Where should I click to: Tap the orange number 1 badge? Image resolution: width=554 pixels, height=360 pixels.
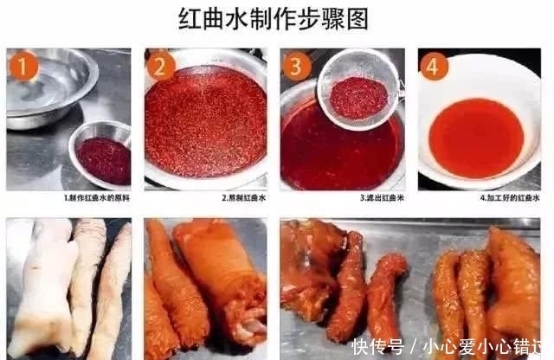pyautogui.click(x=23, y=66)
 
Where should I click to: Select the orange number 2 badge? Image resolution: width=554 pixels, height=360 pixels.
pyautogui.click(x=161, y=66)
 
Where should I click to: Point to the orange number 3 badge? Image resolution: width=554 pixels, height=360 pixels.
pyautogui.click(x=297, y=66)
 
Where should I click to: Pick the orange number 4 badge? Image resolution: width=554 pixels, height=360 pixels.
pyautogui.click(x=435, y=66)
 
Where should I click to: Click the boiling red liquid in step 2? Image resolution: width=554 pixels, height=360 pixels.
pyautogui.click(x=205, y=121)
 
